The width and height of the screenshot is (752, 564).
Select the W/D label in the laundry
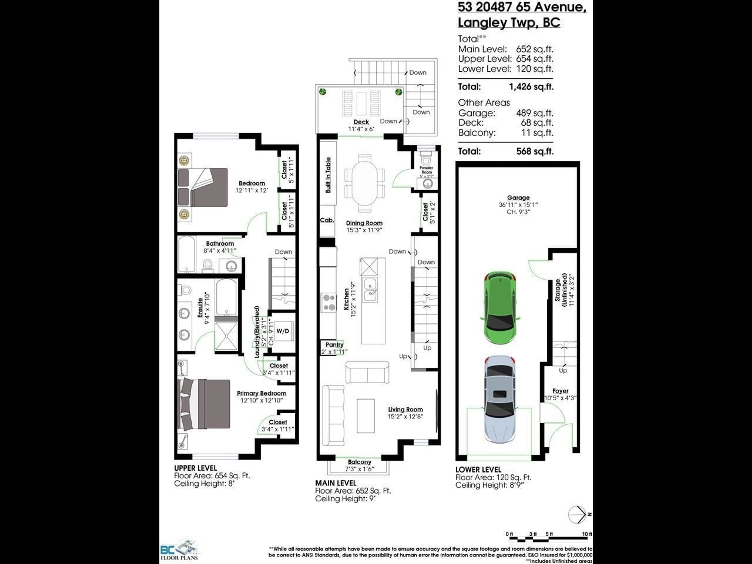pos(283,331)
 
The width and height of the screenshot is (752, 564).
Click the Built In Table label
pos(328,175)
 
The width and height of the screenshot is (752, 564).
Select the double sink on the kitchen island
pos(370,290)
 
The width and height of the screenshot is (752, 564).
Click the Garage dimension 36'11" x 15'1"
pos(518,205)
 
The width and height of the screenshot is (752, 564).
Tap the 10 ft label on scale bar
pos(587,534)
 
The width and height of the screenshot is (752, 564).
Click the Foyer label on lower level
pos(560,391)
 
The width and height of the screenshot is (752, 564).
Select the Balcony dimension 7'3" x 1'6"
pos(359,469)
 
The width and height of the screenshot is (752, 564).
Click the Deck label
pos(361,122)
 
